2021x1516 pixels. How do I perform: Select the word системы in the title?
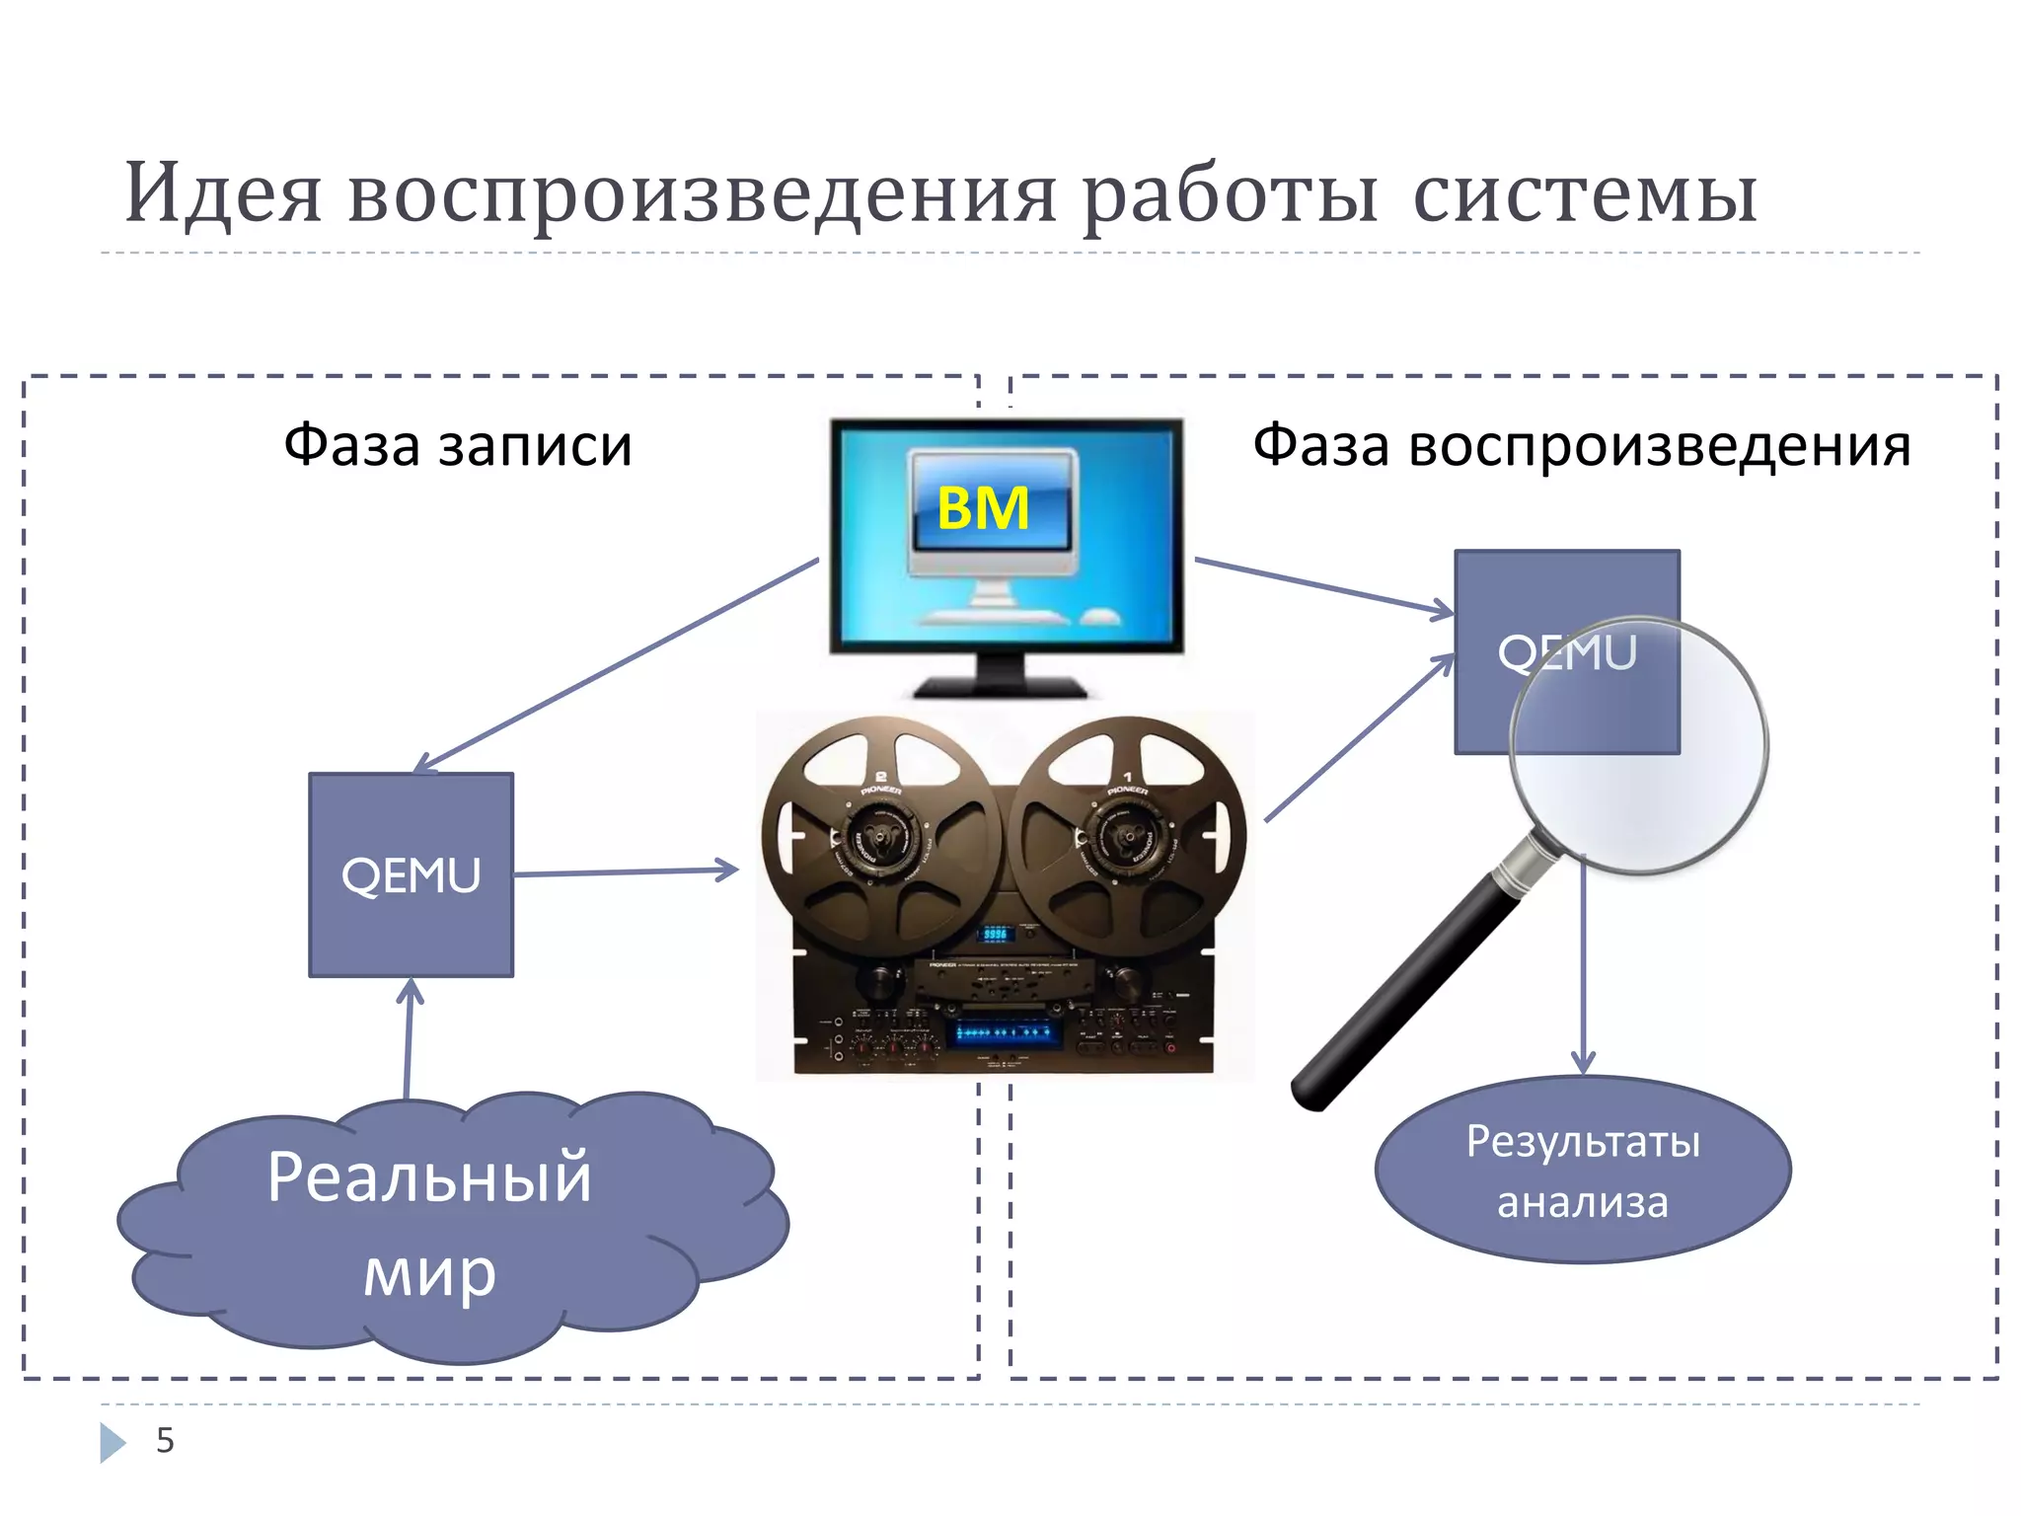click(1585, 194)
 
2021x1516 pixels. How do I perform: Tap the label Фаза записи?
click(457, 445)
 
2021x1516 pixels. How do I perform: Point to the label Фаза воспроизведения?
click(1581, 445)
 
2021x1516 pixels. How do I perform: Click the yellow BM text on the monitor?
click(982, 509)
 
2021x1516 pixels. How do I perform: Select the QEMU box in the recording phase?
click(411, 874)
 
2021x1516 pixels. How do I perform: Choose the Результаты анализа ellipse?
click(1582, 1171)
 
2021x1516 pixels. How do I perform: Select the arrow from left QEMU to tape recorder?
click(626, 872)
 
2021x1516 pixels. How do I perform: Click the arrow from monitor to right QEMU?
click(1322, 586)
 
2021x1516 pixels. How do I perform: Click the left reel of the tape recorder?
click(881, 837)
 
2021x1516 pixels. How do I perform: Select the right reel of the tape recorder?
click(1127, 837)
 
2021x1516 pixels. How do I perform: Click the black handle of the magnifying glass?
click(1401, 997)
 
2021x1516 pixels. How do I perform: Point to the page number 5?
click(165, 1440)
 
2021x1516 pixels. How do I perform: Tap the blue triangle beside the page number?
click(112, 1442)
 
